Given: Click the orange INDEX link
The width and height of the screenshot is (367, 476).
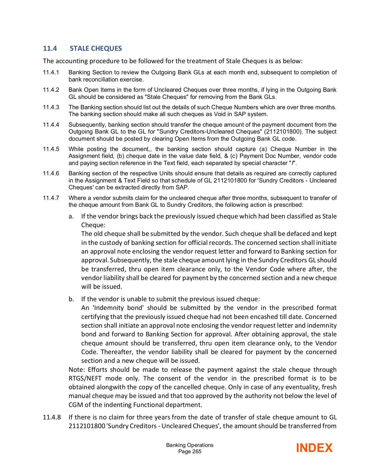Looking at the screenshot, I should click(x=314, y=448).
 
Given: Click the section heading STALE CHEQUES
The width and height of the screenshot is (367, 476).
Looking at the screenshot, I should click(x=96, y=48).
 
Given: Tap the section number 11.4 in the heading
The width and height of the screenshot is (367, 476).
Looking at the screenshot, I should click(x=50, y=48).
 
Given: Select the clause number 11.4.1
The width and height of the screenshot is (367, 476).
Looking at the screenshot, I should click(x=51, y=72).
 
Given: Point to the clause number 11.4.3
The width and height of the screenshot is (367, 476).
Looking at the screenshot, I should click(x=51, y=107).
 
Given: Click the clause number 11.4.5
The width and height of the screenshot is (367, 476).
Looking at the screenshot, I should click(x=51, y=149).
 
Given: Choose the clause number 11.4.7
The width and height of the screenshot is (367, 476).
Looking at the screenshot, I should click(x=51, y=198).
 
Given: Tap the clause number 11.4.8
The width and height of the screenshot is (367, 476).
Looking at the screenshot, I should click(x=52, y=417).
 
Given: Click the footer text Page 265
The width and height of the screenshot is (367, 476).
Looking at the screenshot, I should click(x=190, y=451).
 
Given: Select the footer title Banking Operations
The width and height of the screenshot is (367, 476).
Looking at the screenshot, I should click(x=190, y=445).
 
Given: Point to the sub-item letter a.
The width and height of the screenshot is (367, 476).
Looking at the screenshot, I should click(x=71, y=216).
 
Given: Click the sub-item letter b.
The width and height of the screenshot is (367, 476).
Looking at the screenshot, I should click(x=71, y=299).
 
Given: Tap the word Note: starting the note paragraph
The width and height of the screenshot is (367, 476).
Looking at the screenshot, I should click(x=77, y=369).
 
